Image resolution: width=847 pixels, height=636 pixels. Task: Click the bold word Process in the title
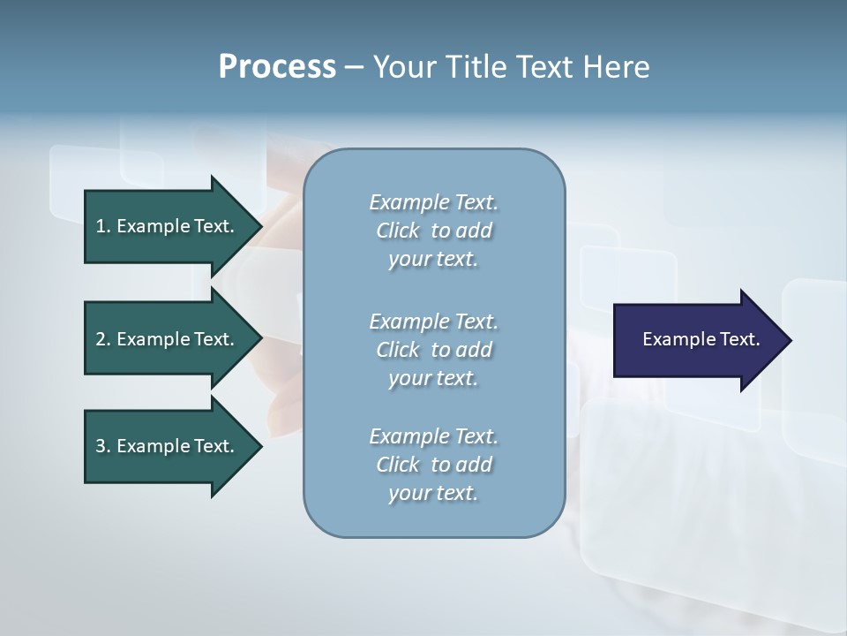pyautogui.click(x=277, y=67)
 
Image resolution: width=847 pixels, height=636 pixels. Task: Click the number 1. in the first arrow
pyautogui.click(x=102, y=226)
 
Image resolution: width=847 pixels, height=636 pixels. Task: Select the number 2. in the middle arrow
pyautogui.click(x=102, y=339)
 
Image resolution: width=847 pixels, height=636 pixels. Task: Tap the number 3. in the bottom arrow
pyautogui.click(x=102, y=446)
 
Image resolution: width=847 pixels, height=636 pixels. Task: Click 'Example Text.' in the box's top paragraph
pyautogui.click(x=433, y=202)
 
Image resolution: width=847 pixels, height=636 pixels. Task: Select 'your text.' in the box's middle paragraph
pyautogui.click(x=433, y=378)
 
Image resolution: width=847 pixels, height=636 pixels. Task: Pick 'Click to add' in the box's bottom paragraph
pyautogui.click(x=433, y=465)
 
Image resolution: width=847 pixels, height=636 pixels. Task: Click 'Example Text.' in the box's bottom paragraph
pyautogui.click(x=433, y=436)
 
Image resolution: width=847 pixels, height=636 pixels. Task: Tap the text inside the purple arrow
pyautogui.click(x=701, y=339)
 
